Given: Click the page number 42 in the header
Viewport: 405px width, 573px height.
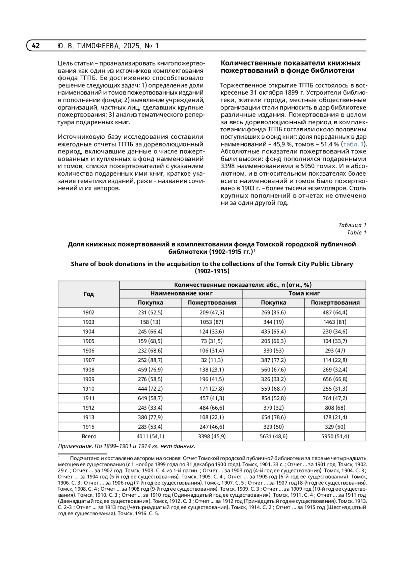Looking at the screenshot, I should click(x=36, y=46).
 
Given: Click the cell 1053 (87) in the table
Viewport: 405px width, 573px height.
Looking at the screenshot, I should click(x=212, y=322).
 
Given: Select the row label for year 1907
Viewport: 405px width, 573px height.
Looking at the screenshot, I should click(x=88, y=360).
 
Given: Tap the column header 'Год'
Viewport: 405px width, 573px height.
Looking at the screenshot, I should click(x=88, y=294).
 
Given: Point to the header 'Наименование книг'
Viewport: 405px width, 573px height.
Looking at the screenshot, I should click(x=181, y=293).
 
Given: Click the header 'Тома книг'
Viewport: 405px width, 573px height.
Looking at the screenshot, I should click(x=304, y=293).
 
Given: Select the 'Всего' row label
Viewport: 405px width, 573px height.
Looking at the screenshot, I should click(x=88, y=436).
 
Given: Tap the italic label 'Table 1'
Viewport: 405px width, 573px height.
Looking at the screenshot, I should click(x=357, y=232).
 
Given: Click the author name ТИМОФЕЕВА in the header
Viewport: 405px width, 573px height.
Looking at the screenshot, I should click(x=98, y=46).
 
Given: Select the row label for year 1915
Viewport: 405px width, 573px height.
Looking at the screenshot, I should click(x=88, y=427).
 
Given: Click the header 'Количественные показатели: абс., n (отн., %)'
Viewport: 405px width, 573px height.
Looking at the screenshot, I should click(x=243, y=285).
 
